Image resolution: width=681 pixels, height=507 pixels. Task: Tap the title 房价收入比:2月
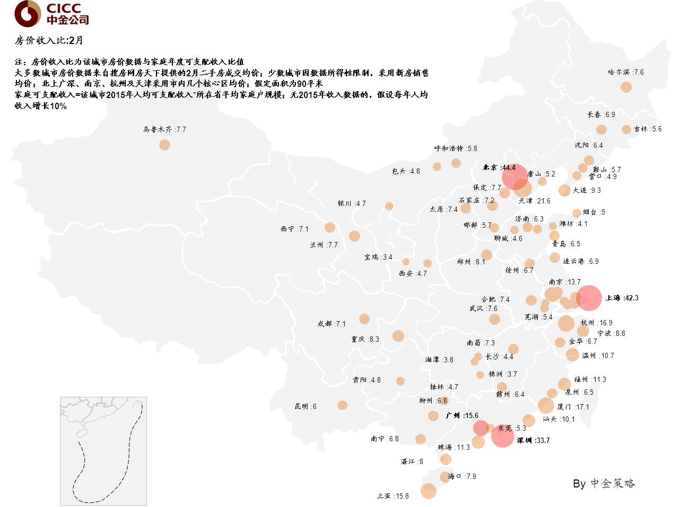click(49, 41)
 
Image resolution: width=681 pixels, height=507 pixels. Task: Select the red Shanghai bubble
click(589, 298)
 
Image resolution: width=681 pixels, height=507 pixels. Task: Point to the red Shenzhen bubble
click(502, 436)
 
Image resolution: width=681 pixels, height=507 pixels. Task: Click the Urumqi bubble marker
click(164, 145)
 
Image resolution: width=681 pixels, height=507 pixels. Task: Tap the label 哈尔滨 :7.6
click(626, 72)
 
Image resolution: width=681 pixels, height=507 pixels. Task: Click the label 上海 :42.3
click(622, 298)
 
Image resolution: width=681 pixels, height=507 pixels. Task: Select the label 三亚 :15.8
click(393, 496)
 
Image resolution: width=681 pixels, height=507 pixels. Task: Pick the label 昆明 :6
click(305, 406)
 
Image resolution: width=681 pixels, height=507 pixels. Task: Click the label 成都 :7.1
click(331, 324)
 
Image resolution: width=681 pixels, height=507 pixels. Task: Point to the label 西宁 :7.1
click(294, 229)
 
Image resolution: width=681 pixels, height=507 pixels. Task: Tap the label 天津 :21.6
click(535, 201)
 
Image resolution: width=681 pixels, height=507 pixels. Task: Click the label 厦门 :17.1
click(573, 407)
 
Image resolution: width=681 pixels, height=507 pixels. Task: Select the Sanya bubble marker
click(429, 491)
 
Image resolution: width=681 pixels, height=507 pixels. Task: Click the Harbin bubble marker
click(626, 87)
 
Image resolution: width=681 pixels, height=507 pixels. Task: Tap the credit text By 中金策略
click(604, 483)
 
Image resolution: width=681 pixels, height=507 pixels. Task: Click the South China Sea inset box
click(103, 451)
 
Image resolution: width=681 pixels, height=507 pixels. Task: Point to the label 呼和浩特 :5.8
click(456, 148)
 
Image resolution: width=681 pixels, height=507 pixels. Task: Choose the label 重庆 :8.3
click(365, 339)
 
